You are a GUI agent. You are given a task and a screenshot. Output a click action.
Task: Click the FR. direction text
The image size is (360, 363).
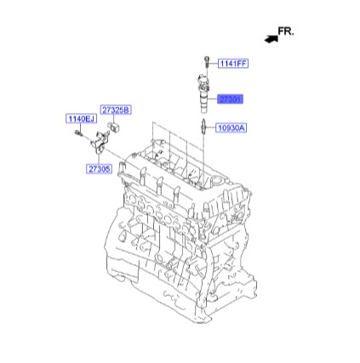[x=285, y=31]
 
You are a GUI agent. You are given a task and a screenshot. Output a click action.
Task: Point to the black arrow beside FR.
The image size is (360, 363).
[x=271, y=38]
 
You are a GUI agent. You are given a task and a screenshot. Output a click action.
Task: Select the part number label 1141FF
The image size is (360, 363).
[x=232, y=62]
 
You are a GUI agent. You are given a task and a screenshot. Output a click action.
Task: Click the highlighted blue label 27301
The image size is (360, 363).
[x=231, y=99]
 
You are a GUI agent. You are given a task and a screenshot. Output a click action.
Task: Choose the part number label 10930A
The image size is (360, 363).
[x=231, y=128]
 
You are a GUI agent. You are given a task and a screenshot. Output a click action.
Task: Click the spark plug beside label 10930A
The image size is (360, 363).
[x=203, y=128]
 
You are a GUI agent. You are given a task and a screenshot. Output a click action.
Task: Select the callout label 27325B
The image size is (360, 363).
[x=114, y=109]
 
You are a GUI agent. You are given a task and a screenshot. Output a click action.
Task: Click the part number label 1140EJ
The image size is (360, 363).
[x=81, y=119]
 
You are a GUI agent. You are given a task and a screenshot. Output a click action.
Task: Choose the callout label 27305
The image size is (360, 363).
[x=99, y=169]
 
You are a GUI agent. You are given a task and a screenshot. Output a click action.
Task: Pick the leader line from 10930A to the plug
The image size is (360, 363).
[x=211, y=128]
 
